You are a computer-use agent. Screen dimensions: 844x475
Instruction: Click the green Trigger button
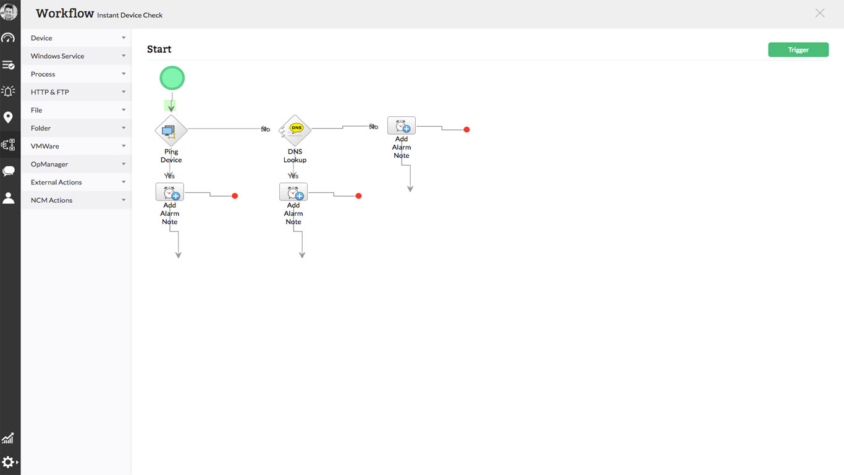pyautogui.click(x=798, y=50)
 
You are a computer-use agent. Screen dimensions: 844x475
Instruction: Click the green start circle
pyautogui.click(x=172, y=78)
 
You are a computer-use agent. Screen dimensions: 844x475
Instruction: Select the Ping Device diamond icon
pyautogui.click(x=171, y=131)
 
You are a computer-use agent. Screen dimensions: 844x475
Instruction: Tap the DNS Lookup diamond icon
pyautogui.click(x=295, y=131)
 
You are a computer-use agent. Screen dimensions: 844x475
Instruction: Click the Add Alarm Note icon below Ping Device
pyautogui.click(x=169, y=192)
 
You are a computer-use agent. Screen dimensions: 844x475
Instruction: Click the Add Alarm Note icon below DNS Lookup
pyautogui.click(x=293, y=192)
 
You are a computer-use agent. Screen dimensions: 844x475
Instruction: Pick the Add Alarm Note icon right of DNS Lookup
pyautogui.click(x=401, y=126)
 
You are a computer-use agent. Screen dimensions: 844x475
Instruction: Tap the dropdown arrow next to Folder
pyautogui.click(x=124, y=128)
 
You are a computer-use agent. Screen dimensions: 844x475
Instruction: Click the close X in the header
pyautogui.click(x=820, y=13)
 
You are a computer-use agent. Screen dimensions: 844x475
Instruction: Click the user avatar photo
pyautogui.click(x=9, y=11)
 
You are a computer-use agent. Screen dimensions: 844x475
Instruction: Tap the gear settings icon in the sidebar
pyautogui.click(x=8, y=462)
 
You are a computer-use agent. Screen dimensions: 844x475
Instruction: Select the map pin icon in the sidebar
pyautogui.click(x=8, y=118)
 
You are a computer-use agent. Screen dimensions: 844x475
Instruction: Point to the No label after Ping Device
pyautogui.click(x=266, y=129)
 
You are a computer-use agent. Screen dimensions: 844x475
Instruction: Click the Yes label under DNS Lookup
pyautogui.click(x=293, y=176)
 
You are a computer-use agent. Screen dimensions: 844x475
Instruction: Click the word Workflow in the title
pyautogui.click(x=65, y=14)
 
